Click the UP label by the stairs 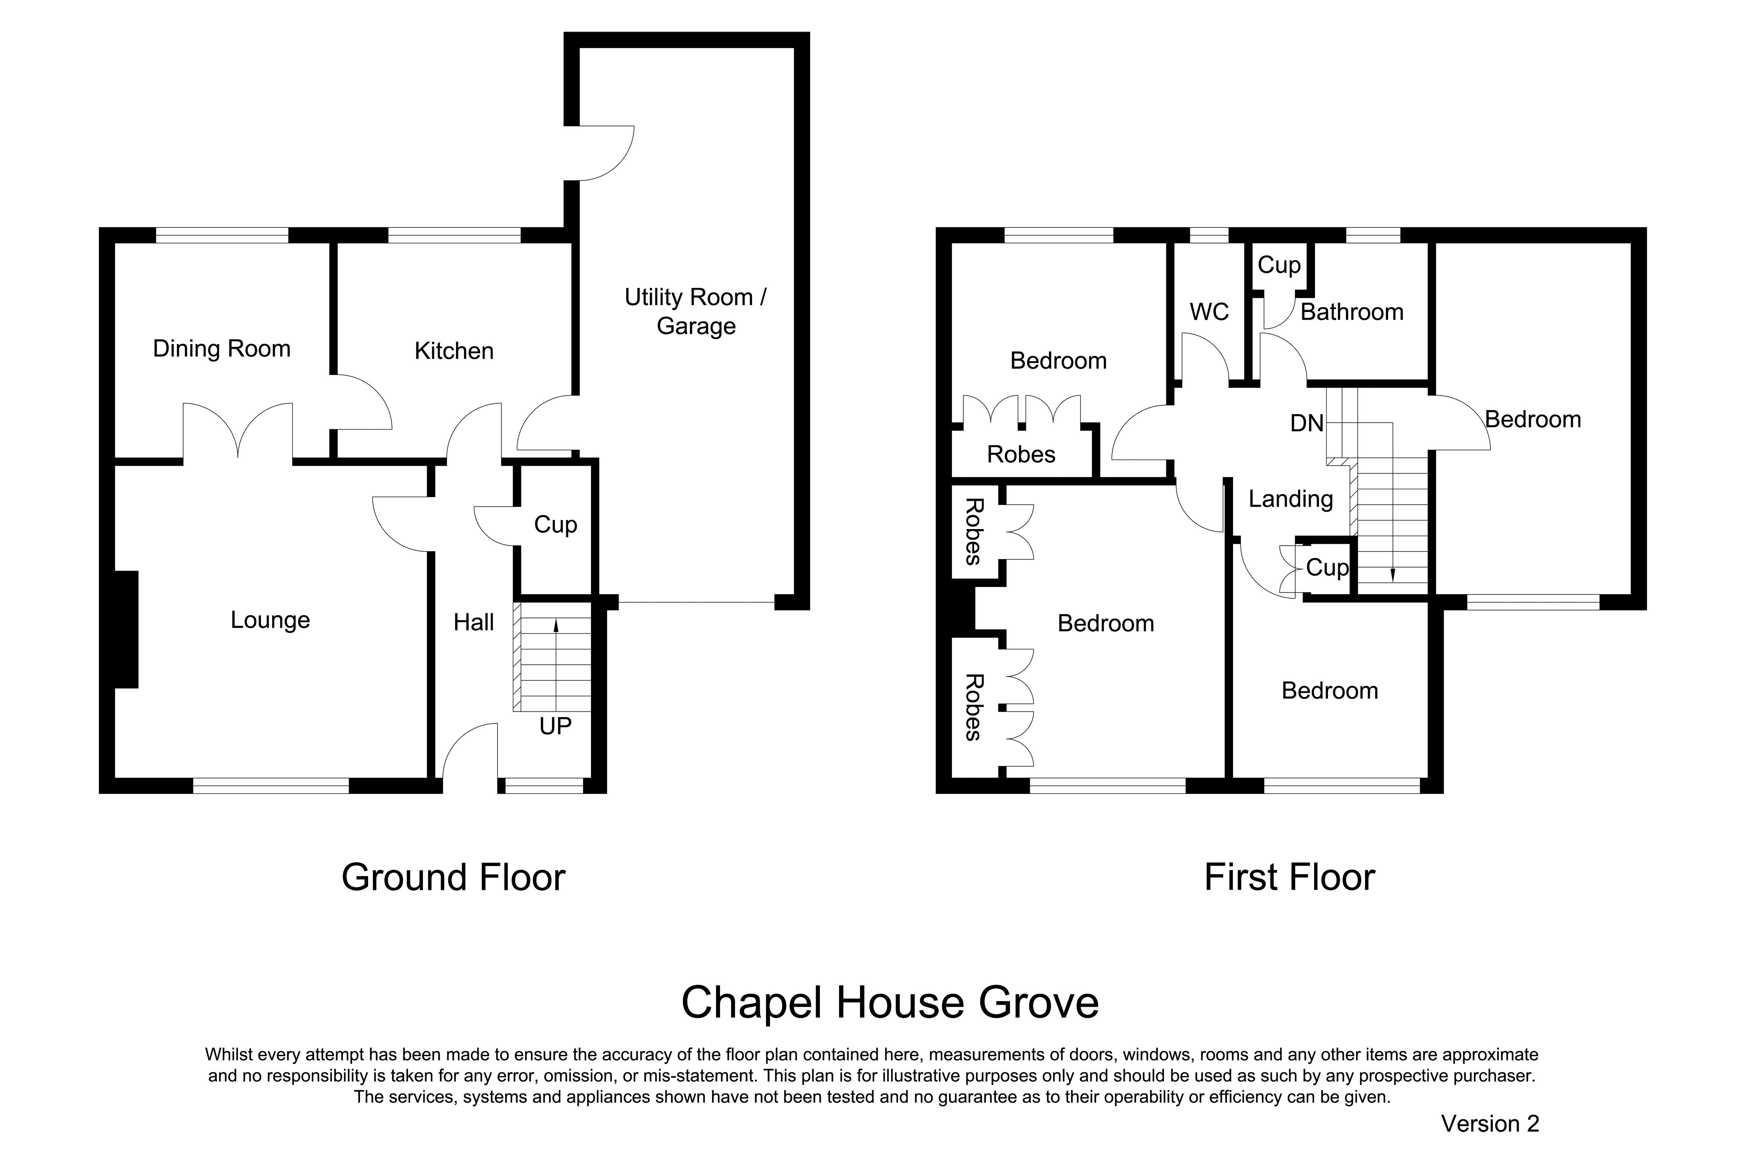[555, 726]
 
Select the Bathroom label [1352, 312]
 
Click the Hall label [474, 622]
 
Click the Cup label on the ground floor [555, 525]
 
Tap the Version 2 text [1490, 1124]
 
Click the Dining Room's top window [222, 235]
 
